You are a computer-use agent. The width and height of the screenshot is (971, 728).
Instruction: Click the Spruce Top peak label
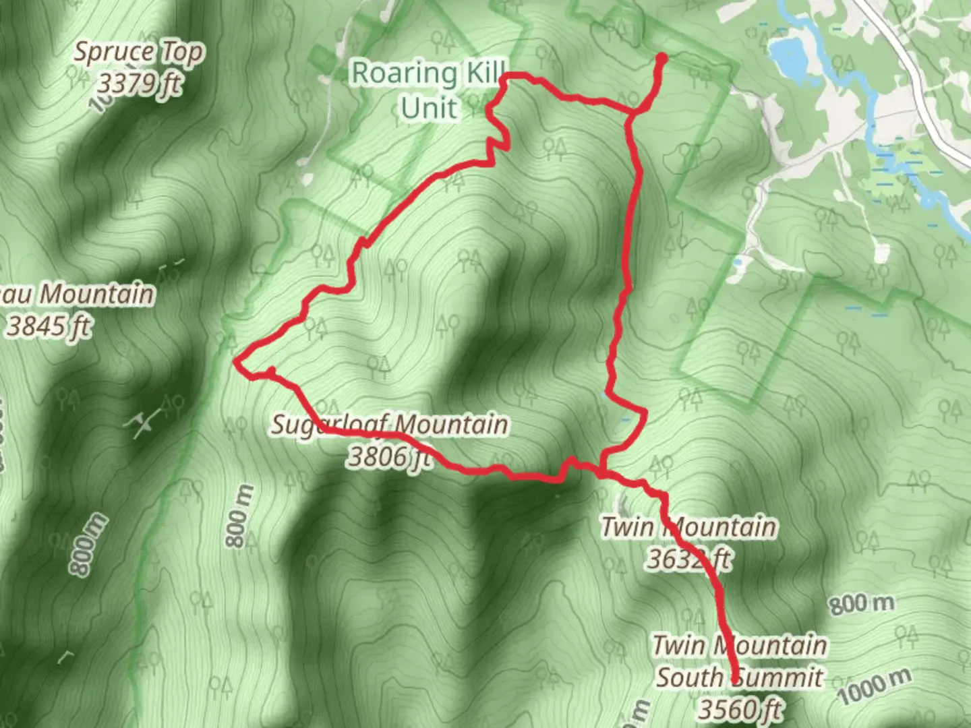138,53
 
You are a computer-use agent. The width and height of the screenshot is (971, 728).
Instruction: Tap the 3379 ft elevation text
140,84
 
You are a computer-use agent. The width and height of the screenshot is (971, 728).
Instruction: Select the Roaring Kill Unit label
429,90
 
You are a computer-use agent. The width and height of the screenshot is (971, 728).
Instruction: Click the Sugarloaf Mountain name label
390,425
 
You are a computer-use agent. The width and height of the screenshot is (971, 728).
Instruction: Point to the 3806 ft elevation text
389,457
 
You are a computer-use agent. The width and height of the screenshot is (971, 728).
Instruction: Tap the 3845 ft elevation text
49,326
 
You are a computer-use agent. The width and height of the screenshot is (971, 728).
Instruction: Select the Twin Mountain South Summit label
740,661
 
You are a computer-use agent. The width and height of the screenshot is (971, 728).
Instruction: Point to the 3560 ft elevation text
740,709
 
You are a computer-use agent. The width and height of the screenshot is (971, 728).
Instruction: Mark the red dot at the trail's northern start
661,59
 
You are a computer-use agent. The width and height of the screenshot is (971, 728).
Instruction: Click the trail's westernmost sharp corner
235,362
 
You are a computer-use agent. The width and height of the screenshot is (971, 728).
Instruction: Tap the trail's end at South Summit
735,681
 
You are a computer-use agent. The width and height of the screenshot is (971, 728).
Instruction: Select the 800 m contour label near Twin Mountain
861,603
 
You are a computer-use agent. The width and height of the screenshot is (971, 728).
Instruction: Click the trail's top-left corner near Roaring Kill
504,78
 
